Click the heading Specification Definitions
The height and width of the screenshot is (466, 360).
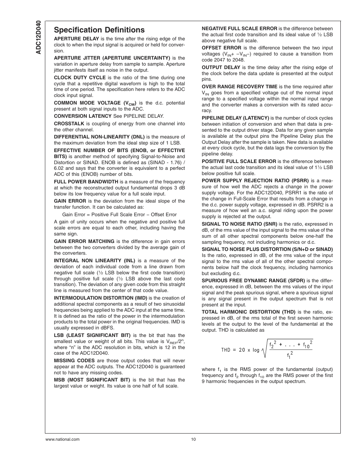coord(99,30)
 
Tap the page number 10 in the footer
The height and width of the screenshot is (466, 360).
coord(193,439)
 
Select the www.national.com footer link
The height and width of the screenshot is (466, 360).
coord(62,439)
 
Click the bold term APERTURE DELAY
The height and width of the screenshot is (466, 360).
coord(76,39)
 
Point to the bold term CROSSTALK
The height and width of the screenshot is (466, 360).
coord(69,124)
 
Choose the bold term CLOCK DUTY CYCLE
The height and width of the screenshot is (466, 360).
coord(80,78)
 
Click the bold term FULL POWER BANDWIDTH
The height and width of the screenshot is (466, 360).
coord(86,182)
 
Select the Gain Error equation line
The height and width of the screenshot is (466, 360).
coord(119,215)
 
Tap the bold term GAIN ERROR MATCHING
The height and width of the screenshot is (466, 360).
coord(84,241)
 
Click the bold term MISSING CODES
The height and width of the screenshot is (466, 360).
coord(74,361)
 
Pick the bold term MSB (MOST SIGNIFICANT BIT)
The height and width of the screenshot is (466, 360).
coord(92,380)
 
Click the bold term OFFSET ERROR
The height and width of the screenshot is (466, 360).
coord(221,48)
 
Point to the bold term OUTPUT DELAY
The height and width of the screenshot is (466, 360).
coord(221,68)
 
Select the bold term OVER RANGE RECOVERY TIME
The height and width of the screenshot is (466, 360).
coord(239,87)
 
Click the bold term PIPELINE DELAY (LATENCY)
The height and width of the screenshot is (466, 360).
coord(235,118)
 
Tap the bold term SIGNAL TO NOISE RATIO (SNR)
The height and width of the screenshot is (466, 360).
coord(239,224)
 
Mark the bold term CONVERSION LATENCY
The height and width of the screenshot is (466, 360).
coord(83,116)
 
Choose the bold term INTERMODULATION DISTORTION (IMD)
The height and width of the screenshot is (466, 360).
coord(100,298)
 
